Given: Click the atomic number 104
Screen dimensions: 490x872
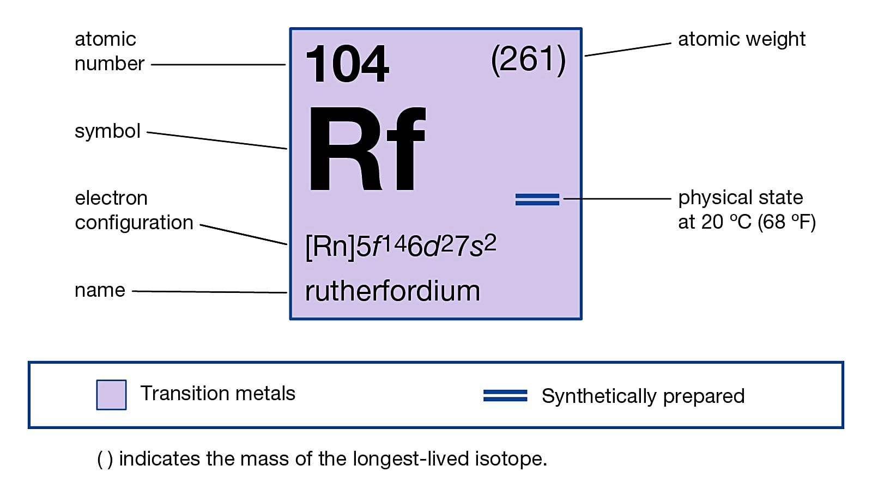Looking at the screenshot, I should (x=347, y=64).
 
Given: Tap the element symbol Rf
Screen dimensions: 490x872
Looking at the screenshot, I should (x=366, y=149).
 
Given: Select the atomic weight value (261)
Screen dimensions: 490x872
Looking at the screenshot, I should (x=528, y=59).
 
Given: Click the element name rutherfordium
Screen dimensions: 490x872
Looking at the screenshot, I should (x=392, y=291).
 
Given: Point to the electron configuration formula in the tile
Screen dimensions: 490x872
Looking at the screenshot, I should (x=401, y=246).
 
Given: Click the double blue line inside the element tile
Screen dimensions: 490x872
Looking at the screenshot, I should (x=537, y=199).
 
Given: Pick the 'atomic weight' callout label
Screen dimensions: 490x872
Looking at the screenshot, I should (x=741, y=39).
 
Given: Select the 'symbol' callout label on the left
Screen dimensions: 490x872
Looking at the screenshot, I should (x=107, y=131).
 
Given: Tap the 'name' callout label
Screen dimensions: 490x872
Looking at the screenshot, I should (x=100, y=290).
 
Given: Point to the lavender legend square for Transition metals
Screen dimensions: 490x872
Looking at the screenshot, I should (x=111, y=395).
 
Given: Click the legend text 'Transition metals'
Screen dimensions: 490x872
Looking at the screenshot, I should (x=218, y=393).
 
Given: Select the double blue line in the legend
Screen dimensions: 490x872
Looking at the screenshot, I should (x=505, y=396).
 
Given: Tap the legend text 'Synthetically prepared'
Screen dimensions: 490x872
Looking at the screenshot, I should (x=643, y=396).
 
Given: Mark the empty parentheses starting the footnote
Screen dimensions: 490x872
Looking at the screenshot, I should (x=105, y=459).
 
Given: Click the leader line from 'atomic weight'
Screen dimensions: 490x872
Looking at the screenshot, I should (x=628, y=49).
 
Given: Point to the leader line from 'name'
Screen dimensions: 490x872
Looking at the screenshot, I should (x=210, y=292).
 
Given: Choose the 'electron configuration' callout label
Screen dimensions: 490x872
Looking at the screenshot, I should (x=134, y=210).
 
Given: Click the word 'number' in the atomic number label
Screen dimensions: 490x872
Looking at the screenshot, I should (x=109, y=64).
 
